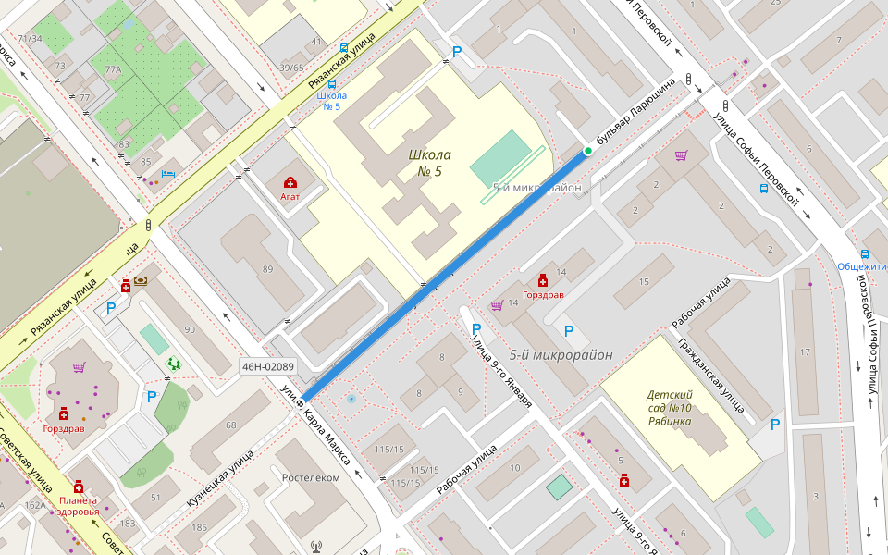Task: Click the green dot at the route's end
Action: [x=587, y=151]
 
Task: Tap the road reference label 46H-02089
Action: [x=267, y=367]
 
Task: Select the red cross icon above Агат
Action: [x=290, y=182]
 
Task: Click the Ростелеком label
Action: [x=310, y=477]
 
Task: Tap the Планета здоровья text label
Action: [x=78, y=505]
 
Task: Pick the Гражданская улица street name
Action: [x=710, y=378]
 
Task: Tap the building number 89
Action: [x=268, y=269]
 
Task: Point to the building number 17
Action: [x=805, y=351]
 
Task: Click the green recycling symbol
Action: [x=173, y=364]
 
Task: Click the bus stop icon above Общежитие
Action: [x=865, y=253]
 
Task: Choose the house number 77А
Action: [x=113, y=69]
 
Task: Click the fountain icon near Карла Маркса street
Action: [x=351, y=399]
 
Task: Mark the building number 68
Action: [x=230, y=425]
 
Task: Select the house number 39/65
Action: [x=291, y=68]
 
